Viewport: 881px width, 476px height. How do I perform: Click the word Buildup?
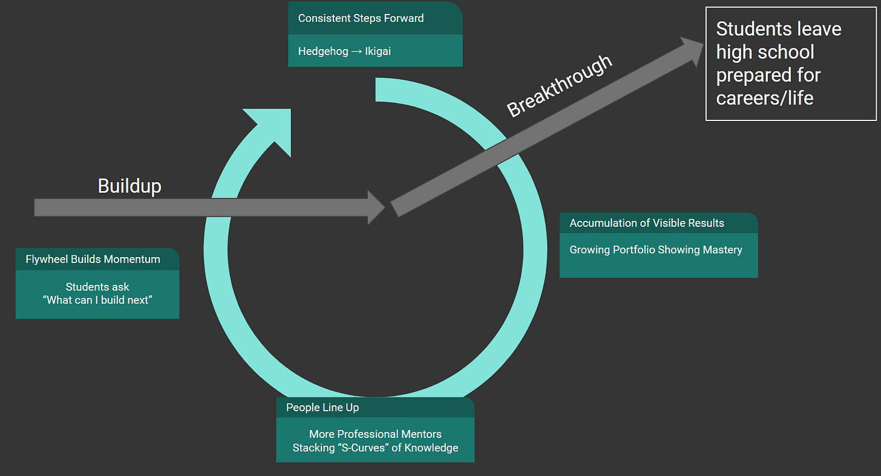[129, 186]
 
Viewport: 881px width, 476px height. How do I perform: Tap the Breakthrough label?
[560, 86]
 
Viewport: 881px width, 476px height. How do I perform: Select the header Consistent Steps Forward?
[361, 18]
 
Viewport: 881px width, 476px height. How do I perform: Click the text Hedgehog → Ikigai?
[344, 51]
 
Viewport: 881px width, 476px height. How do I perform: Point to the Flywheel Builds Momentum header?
[93, 259]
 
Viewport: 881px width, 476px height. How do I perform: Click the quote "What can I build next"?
[97, 300]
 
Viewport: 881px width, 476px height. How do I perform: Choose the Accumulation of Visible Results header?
[646, 223]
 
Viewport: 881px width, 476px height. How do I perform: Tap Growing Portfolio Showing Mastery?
[655, 250]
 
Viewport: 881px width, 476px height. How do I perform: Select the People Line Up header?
[323, 408]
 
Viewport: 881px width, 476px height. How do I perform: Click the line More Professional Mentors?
[375, 434]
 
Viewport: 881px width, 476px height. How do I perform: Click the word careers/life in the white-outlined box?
[765, 98]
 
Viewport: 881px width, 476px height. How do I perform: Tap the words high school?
[765, 52]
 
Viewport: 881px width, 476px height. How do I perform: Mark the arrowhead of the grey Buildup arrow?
[376, 207]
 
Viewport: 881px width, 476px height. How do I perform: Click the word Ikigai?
[378, 51]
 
